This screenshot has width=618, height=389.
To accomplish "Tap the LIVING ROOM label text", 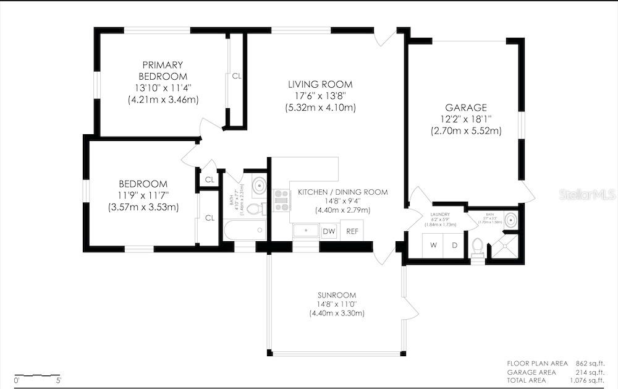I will tap(320, 84).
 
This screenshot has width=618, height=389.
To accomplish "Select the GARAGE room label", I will tap(466, 107).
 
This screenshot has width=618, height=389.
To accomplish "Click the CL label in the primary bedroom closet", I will tap(237, 77).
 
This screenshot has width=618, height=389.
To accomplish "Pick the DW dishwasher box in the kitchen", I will tap(329, 231).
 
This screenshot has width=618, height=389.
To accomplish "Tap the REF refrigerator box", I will tap(352, 231).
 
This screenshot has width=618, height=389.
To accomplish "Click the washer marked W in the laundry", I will tap(433, 245).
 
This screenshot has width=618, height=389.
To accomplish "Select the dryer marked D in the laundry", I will tap(454, 245).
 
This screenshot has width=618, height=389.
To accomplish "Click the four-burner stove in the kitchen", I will tap(282, 198).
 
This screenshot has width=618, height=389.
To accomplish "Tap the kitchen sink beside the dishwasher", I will tap(305, 231).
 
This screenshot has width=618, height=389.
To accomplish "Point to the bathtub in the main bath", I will tap(245, 231).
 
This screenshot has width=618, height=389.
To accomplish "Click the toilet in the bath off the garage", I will tap(476, 247).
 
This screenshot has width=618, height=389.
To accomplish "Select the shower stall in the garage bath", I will tap(504, 247).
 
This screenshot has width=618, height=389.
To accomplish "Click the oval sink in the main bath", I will tap(260, 185).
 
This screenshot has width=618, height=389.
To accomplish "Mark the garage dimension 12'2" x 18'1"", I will tap(466, 119).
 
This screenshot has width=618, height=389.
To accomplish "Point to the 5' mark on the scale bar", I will tap(59, 380).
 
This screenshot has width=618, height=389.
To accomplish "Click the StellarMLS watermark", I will tap(587, 194).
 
